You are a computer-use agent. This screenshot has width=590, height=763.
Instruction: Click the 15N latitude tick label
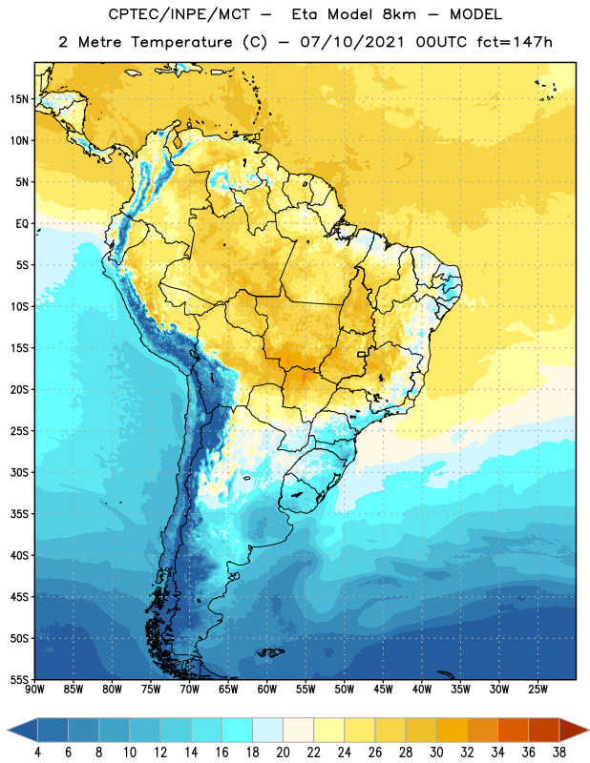point(19,99)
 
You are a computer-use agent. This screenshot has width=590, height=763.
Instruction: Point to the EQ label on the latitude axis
point(22,224)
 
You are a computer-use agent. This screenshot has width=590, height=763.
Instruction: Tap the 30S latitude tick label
point(19,472)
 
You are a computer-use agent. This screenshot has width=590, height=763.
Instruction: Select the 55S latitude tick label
point(19,680)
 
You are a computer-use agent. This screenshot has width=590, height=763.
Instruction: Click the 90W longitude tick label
point(34,690)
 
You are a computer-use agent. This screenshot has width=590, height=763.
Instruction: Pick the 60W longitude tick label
point(267,690)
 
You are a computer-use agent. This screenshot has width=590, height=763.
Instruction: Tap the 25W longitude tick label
point(537,690)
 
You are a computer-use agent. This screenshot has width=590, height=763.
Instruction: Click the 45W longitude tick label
point(383,690)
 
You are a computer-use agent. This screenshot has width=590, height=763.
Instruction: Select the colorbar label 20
point(283,753)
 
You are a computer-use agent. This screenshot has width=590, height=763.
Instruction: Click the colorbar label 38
point(558,753)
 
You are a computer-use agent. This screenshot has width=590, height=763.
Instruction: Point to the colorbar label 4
point(37,753)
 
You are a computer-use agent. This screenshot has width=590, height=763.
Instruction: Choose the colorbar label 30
point(436,753)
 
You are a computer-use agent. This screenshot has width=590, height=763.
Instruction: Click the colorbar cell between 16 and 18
point(237,730)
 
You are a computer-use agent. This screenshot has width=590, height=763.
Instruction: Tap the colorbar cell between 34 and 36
point(513,730)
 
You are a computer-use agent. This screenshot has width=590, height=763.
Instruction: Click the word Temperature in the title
point(181,42)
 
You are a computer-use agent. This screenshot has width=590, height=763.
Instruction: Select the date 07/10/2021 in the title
point(352,42)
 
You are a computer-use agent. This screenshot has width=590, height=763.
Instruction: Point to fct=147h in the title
point(515,42)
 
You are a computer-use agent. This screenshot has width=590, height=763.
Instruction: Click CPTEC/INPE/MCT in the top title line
point(179,14)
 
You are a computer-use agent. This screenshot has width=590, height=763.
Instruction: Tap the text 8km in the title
point(399,14)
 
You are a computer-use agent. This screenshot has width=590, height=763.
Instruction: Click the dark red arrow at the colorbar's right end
point(573,730)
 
